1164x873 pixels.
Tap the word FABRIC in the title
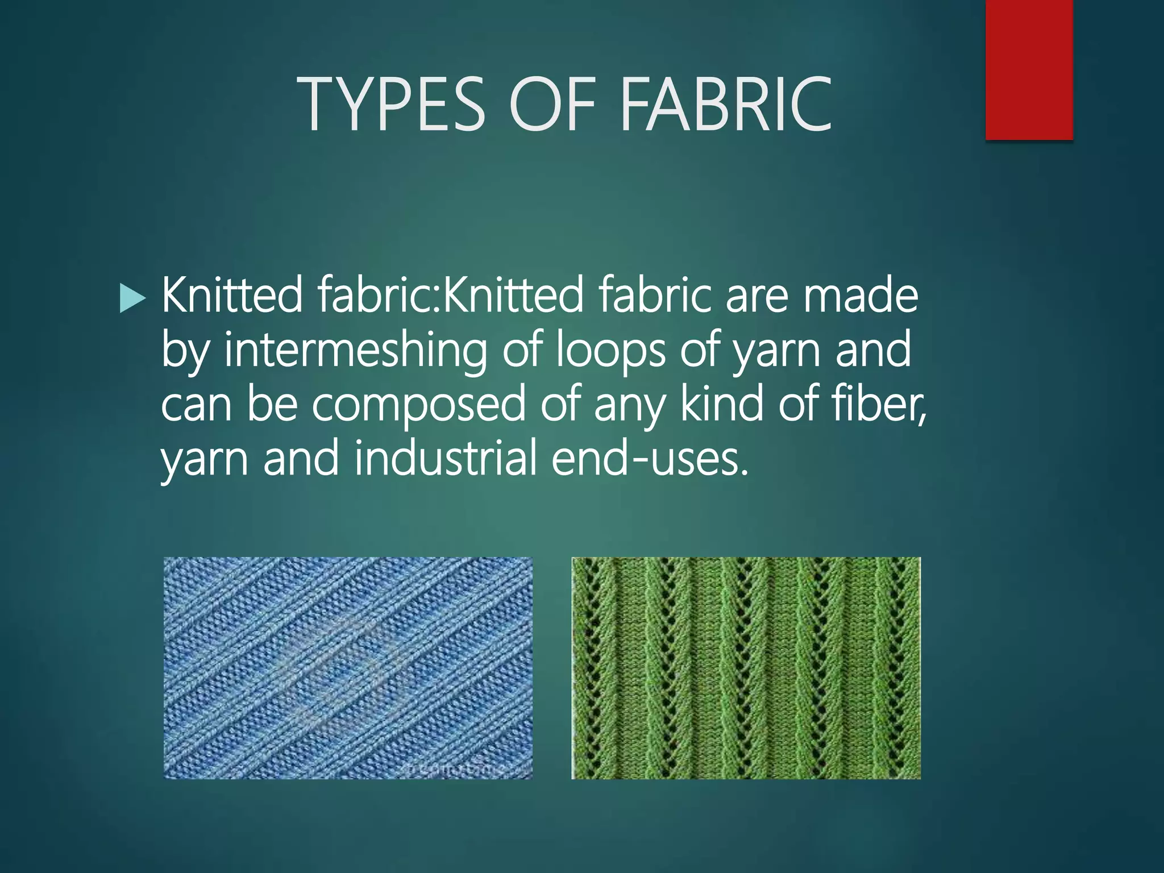(726, 105)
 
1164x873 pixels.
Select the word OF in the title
(552, 105)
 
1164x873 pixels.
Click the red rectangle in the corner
(1029, 69)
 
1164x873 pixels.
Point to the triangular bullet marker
(132, 299)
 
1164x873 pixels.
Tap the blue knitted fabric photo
(348, 668)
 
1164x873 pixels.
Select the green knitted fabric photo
(746, 668)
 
